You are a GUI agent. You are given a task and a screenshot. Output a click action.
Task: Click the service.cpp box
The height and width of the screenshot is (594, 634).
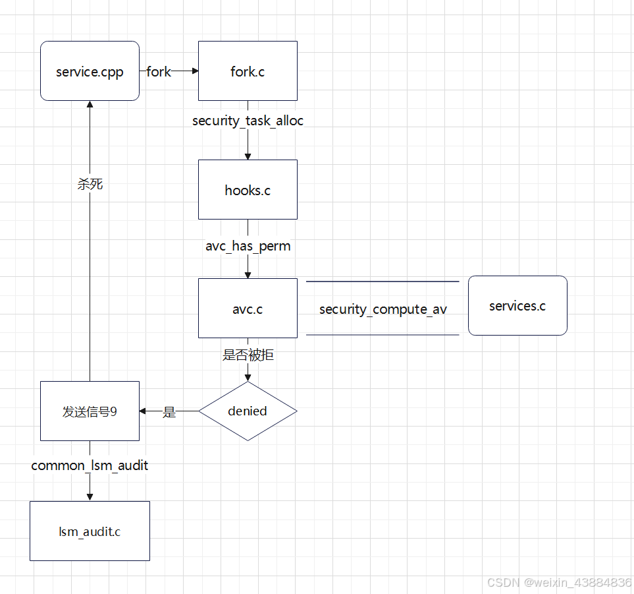click(x=90, y=71)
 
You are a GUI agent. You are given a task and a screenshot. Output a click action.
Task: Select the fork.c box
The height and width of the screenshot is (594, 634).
click(x=248, y=71)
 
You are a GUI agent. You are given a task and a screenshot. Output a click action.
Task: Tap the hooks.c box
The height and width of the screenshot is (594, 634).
click(x=248, y=190)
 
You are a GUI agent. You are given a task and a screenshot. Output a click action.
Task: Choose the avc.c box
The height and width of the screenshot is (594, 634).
click(x=248, y=309)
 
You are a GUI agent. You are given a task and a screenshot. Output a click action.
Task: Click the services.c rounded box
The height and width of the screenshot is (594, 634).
click(x=517, y=306)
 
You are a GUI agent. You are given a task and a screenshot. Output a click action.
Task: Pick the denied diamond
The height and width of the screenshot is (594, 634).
click(x=248, y=411)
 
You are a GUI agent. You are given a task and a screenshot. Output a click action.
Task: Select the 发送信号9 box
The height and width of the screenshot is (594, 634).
click(x=90, y=411)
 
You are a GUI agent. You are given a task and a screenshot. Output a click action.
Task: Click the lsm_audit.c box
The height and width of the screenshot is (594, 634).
click(x=90, y=531)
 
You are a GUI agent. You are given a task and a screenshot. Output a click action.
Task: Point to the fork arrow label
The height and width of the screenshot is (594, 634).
click(x=159, y=71)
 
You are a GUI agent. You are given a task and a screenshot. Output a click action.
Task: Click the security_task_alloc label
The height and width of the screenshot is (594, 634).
click(x=248, y=121)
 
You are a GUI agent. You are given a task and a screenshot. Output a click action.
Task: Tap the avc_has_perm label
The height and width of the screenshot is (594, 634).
click(x=248, y=246)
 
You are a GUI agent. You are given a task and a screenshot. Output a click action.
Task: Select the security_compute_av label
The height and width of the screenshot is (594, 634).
click(x=383, y=309)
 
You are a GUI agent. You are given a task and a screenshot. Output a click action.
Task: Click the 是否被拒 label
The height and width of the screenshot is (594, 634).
click(x=248, y=355)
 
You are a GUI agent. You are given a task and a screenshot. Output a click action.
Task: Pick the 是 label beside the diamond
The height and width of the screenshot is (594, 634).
click(x=169, y=412)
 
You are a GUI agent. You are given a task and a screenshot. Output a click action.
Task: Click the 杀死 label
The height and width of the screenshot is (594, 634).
click(x=90, y=184)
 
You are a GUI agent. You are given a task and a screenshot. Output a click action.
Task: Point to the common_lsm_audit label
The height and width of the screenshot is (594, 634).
click(x=90, y=465)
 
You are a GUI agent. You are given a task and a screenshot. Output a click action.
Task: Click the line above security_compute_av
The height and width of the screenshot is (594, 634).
click(x=383, y=282)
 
